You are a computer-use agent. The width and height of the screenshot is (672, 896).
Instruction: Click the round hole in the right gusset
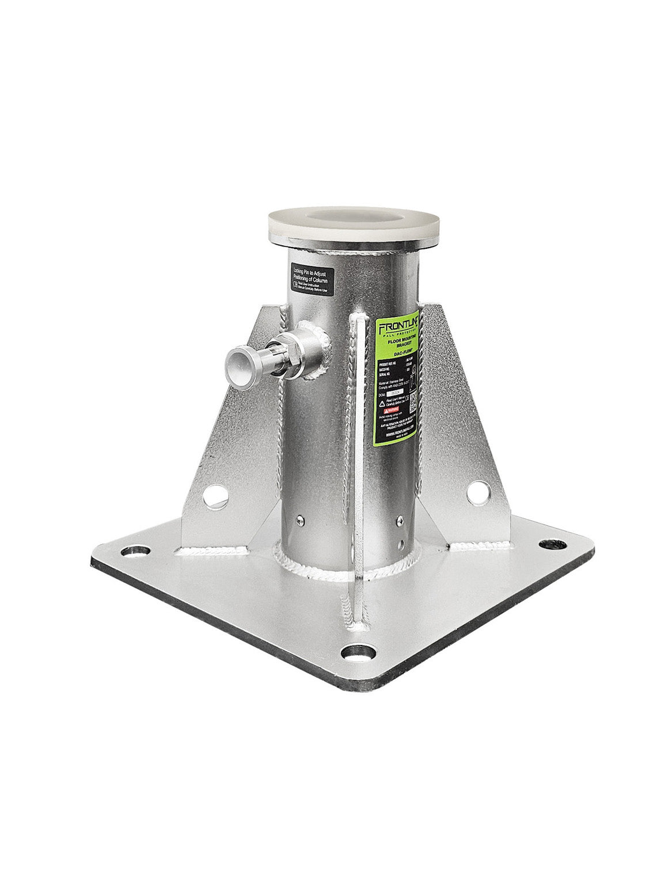coord(478,492)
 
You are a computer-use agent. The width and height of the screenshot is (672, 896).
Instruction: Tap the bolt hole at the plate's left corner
coord(136,550)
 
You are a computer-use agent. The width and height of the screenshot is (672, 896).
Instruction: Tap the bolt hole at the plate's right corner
coord(553,544)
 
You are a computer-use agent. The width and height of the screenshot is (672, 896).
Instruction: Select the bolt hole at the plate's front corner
coord(356,652)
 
